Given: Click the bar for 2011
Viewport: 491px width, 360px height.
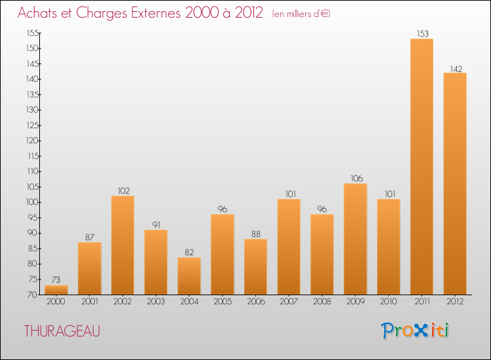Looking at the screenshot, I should tap(422, 167).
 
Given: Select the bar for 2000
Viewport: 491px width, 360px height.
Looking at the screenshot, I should tap(56, 290).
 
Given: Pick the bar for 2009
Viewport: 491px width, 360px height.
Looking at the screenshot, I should tap(355, 239).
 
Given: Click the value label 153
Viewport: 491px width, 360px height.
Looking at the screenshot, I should tap(422, 33).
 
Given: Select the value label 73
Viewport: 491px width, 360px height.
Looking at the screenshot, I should tap(56, 279).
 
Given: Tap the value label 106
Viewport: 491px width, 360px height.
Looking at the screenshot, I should tap(355, 178).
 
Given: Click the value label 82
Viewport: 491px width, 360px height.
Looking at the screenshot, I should tap(189, 252).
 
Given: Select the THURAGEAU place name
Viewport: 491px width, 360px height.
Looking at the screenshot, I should tap(62, 331).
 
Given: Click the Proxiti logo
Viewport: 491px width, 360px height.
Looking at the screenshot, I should tap(415, 331).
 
